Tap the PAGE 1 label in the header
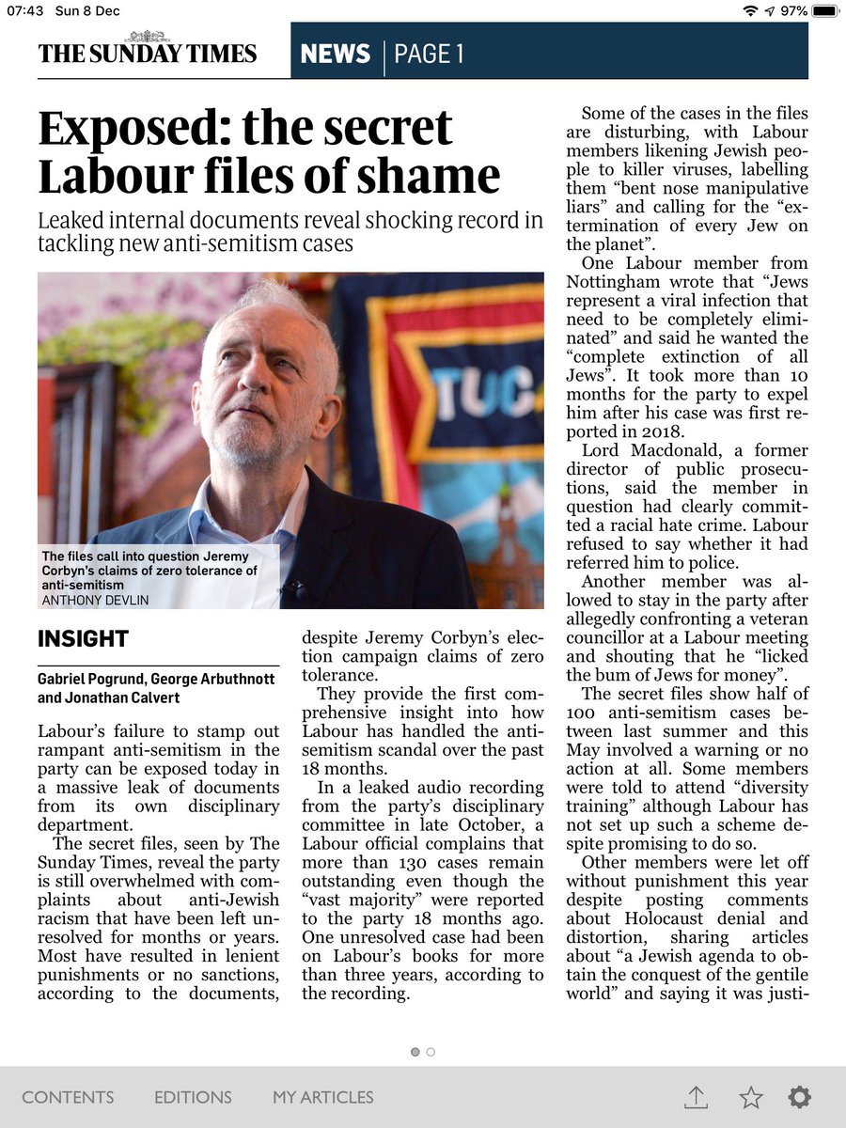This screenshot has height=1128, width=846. pyautogui.click(x=429, y=55)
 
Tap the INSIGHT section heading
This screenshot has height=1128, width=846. pyautogui.click(x=83, y=640)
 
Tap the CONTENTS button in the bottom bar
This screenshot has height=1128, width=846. pyautogui.click(x=68, y=1097)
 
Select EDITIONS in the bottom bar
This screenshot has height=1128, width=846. pyautogui.click(x=193, y=1097)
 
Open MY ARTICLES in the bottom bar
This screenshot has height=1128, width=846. pyautogui.click(x=322, y=1097)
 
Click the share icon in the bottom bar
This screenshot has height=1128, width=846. pyautogui.click(x=696, y=1096)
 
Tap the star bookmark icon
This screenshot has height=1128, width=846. pyautogui.click(x=750, y=1096)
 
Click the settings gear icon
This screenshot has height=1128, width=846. pyautogui.click(x=800, y=1096)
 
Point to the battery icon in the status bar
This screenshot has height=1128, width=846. pyautogui.click(x=825, y=11)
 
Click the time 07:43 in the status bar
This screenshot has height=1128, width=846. pyautogui.click(x=24, y=11)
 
